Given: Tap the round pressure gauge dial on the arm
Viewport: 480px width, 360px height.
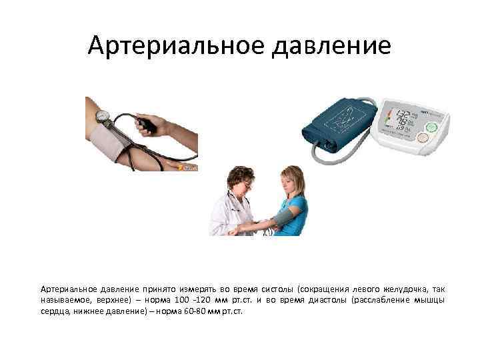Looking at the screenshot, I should tap(103, 115).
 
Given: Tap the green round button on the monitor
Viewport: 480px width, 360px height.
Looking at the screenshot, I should tap(431, 126).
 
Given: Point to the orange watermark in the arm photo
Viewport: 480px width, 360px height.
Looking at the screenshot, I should tap(190, 168).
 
